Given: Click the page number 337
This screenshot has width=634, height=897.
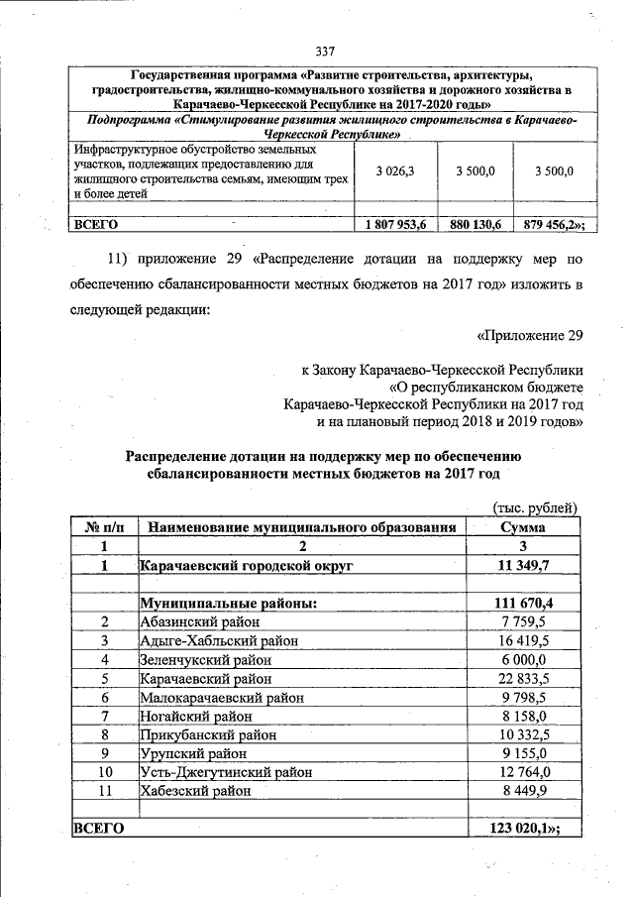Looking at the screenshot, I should (x=326, y=52).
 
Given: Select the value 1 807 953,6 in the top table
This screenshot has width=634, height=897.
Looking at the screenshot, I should (x=395, y=225).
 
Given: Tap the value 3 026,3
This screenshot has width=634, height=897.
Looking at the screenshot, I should (x=395, y=171).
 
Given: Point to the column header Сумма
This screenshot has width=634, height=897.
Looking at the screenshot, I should (x=524, y=527).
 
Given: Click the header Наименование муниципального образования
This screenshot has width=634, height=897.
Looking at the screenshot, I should (x=302, y=527).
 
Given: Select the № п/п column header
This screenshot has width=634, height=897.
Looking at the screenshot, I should (x=104, y=527).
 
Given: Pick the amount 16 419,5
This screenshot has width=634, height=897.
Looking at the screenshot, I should (x=524, y=640).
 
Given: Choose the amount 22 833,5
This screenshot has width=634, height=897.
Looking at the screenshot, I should (x=524, y=678).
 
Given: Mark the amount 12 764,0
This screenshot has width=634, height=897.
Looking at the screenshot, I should (x=524, y=772).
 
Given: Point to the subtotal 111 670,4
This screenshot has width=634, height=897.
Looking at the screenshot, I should (x=524, y=603).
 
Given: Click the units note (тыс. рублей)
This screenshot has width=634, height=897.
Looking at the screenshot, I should (x=535, y=508).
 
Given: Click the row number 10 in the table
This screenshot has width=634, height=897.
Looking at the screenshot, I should (x=104, y=772).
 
